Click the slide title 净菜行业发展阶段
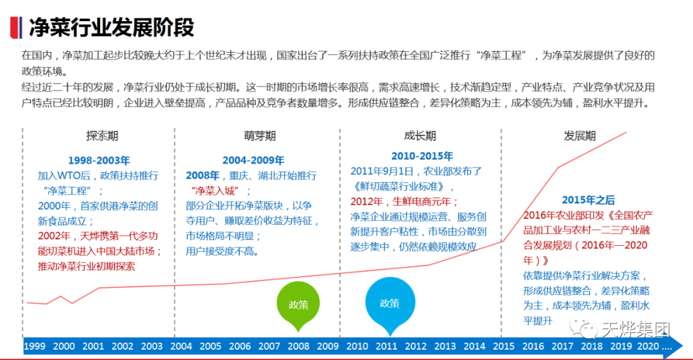(112, 27)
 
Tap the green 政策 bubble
(298, 305)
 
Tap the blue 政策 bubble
(389, 304)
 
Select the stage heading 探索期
(102, 136)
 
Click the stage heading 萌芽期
(259, 136)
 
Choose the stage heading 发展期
(579, 136)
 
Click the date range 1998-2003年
(99, 160)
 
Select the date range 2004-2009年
(253, 160)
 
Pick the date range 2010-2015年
(422, 156)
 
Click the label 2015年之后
(588, 200)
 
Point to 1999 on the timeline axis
(35, 347)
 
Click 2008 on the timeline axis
(298, 347)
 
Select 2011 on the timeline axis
(386, 347)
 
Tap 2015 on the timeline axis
(504, 347)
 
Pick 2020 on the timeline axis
(651, 347)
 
